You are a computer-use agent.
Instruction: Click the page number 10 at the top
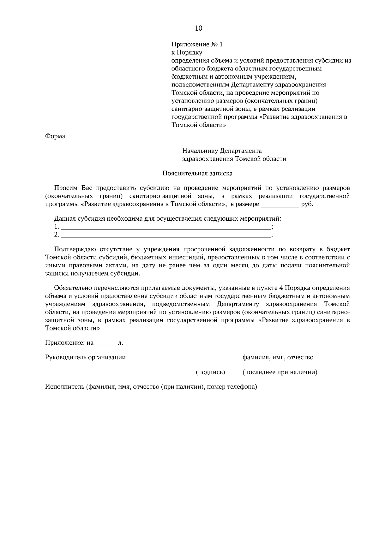[198, 28]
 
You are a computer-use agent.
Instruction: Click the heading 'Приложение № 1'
[197, 45]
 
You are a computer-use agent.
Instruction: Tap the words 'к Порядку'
[187, 52]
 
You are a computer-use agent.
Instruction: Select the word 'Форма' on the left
[55, 136]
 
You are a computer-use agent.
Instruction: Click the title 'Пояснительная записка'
[197, 173]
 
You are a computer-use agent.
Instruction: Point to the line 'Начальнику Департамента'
[222, 151]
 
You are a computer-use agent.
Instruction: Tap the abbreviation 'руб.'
[307, 204]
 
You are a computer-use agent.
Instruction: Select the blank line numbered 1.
[166, 228]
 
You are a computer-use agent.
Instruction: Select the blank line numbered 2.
[166, 235]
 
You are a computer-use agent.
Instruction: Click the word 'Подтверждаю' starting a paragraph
[72, 249]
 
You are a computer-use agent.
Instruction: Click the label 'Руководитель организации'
[85, 357]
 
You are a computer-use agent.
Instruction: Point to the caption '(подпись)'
[210, 372]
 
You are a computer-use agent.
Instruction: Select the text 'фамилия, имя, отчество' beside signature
[278, 357]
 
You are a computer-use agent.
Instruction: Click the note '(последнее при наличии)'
[280, 372]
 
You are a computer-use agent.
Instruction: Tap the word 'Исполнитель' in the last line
[64, 387]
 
